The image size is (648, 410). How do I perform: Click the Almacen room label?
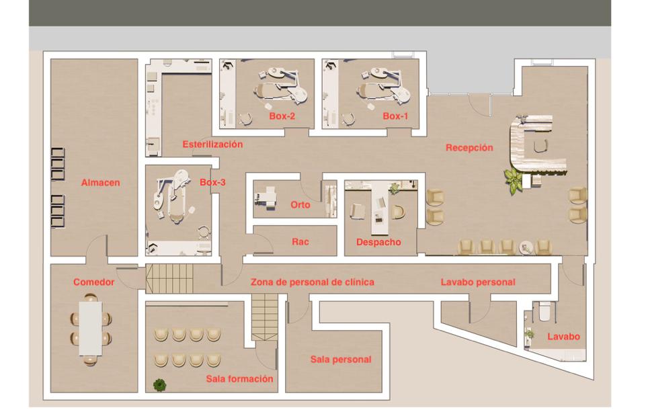(100, 183)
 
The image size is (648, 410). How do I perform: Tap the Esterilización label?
(212, 145)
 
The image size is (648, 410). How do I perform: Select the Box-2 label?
(282, 116)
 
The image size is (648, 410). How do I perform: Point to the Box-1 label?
(395, 116)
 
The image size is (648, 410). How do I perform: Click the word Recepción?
(469, 148)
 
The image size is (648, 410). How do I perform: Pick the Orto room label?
(300, 204)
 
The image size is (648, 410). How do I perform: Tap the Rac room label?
(300, 242)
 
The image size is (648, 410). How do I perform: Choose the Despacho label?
(378, 242)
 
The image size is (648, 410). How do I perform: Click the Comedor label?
(94, 282)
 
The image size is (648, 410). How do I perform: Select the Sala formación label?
(240, 378)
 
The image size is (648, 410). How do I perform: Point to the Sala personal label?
(341, 360)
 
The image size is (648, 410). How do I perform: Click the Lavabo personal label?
(478, 282)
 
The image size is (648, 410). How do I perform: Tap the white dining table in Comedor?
(91, 329)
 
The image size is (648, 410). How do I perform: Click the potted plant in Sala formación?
(160, 384)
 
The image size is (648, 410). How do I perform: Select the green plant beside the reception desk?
(514, 179)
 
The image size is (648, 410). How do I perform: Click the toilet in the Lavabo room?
(545, 312)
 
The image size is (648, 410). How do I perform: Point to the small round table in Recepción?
(526, 247)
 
